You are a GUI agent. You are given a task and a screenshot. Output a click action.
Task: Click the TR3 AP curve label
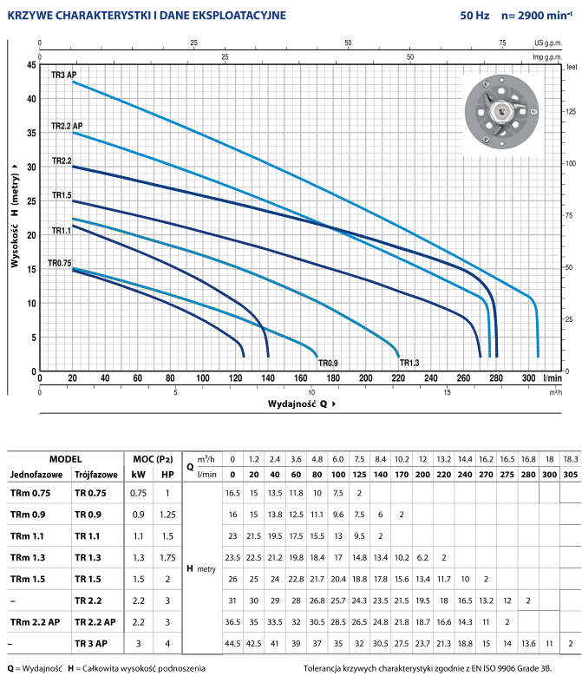pyautogui.click(x=64, y=75)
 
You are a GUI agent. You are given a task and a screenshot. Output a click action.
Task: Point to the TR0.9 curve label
pyautogui.click(x=328, y=362)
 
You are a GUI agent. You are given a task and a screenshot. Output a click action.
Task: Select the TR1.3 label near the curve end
pyautogui.click(x=409, y=362)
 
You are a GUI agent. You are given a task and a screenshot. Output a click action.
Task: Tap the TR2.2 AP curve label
pyautogui.click(x=67, y=127)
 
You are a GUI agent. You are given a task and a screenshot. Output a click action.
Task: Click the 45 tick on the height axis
pyautogui.click(x=32, y=65)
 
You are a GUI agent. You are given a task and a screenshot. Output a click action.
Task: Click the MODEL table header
pyautogui.click(x=65, y=458)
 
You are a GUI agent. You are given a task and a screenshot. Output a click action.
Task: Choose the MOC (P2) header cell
pyautogui.click(x=153, y=458)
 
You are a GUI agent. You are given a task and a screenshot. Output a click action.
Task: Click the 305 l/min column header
pyautogui.click(x=570, y=474)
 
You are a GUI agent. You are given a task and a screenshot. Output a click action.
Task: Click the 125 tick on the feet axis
pyautogui.click(x=571, y=111)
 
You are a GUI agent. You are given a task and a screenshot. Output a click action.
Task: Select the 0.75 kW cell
pyautogui.click(x=138, y=493)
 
